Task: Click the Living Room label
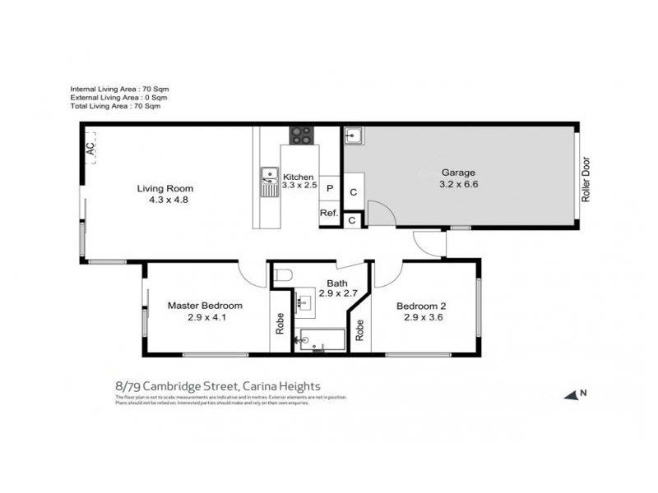pyautogui.click(x=164, y=188)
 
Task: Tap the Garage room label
pyautogui.click(x=459, y=173)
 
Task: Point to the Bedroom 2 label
pyautogui.click(x=422, y=306)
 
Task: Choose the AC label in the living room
pyautogui.click(x=90, y=150)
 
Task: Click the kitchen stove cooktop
pyautogui.click(x=301, y=136)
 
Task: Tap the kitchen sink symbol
pyautogui.click(x=268, y=182)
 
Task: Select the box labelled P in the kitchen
pyautogui.click(x=330, y=188)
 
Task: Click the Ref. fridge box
pyautogui.click(x=329, y=214)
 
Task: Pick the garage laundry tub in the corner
pyautogui.click(x=354, y=136)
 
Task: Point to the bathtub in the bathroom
pyautogui.click(x=321, y=339)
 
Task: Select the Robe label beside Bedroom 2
pyautogui.click(x=359, y=331)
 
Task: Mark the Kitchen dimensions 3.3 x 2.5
pyautogui.click(x=299, y=186)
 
